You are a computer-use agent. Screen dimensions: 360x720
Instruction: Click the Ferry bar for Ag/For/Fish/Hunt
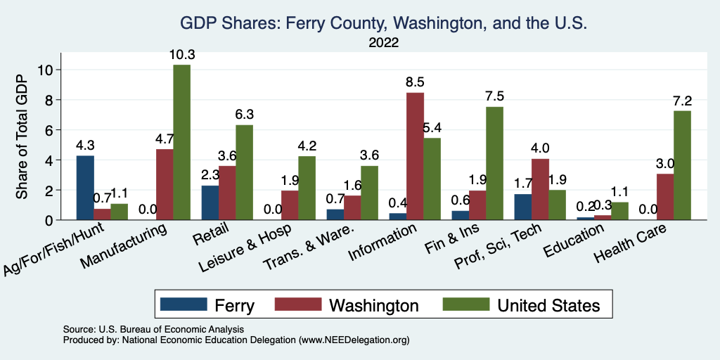(x=85, y=188)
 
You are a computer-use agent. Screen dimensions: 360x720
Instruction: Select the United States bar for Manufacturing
(x=181, y=143)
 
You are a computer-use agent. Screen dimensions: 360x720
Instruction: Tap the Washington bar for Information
(x=415, y=156)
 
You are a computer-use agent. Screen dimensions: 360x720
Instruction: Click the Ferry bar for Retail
(x=210, y=202)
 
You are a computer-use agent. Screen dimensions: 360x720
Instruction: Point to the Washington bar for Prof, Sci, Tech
(x=540, y=189)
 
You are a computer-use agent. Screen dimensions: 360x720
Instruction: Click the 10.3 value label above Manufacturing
(x=181, y=54)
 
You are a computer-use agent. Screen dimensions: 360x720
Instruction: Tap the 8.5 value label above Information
(x=415, y=82)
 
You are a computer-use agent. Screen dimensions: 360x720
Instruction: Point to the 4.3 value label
(x=85, y=145)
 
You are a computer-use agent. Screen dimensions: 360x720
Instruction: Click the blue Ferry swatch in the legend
(x=184, y=304)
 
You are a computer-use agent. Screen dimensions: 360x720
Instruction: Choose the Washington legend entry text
(x=373, y=305)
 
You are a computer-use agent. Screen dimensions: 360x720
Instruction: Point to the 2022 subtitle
(x=383, y=43)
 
